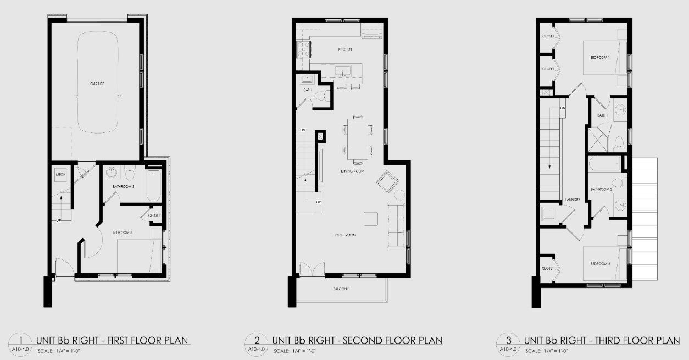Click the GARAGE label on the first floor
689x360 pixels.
click(97, 84)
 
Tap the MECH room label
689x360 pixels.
click(60, 174)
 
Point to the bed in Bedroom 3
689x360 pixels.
click(140, 256)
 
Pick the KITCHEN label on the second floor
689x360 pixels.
click(344, 49)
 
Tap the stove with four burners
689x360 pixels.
click(304, 49)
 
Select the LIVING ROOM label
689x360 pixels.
click(344, 235)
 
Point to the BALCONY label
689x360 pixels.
click(341, 289)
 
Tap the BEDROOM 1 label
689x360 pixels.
click(599, 57)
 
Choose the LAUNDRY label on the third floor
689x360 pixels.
click(573, 200)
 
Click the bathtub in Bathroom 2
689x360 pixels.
click(604, 164)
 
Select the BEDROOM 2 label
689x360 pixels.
click(601, 264)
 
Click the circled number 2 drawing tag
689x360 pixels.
click(257, 340)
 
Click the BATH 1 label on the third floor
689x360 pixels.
click(602, 115)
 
